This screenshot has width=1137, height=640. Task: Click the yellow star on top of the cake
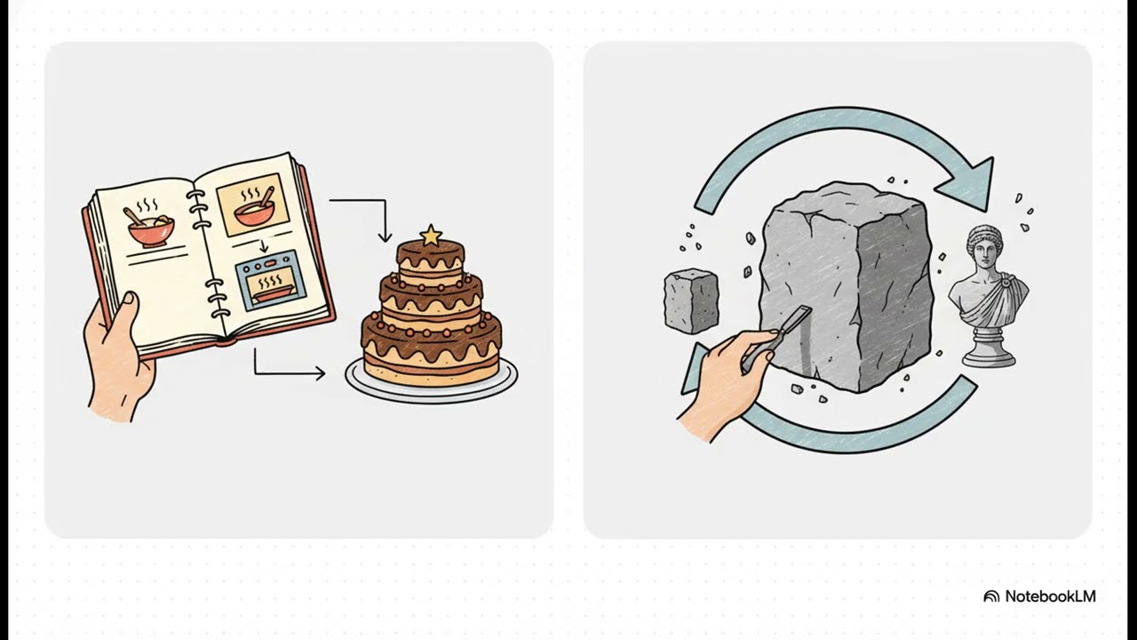[431, 236]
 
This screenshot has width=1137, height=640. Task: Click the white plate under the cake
[431, 382]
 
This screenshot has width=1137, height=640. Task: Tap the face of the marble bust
[983, 255]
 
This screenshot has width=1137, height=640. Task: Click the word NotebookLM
[1050, 596]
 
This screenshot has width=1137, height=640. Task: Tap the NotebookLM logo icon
[991, 596]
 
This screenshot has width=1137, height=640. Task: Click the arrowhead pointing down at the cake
[386, 236]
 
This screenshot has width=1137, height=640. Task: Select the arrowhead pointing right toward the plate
[321, 374]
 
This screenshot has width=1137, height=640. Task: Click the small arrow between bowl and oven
[264, 247]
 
